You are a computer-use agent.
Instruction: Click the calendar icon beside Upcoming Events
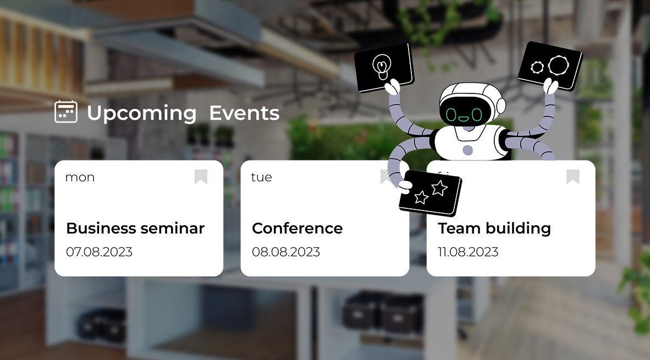pos(66,112)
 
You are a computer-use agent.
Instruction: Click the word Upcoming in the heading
pos(141,114)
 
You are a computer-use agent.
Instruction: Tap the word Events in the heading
pos(244,113)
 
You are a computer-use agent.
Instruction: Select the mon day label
pos(80,178)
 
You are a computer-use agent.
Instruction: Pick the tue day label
pos(261,178)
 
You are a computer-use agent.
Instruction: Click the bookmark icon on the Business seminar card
pos(201,176)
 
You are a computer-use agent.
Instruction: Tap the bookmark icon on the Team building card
pos(573,176)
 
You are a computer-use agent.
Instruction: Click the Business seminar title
pos(135,228)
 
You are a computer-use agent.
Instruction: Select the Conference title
pos(297,228)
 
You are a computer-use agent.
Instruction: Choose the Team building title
pos(494,228)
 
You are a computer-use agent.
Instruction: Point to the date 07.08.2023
pos(99,252)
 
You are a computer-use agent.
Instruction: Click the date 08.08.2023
pos(285,252)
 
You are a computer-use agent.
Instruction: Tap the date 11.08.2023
pos(467,252)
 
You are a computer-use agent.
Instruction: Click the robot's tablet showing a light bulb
pos(384,67)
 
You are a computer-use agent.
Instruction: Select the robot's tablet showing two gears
pos(550,65)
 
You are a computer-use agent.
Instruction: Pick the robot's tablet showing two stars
pos(431,193)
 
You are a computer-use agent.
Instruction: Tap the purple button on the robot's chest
pos(467,150)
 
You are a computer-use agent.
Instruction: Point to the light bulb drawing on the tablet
pos(380,65)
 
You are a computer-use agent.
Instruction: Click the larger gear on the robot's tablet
pos(557,65)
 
